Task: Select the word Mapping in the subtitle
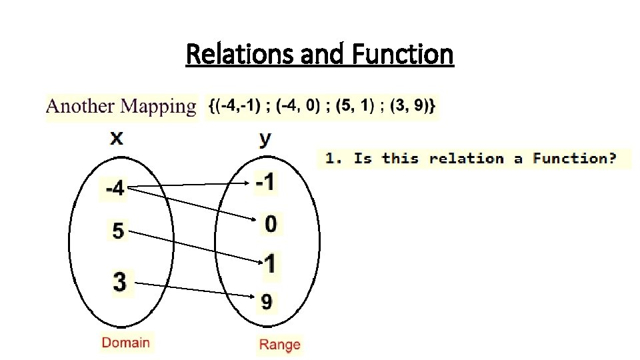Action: pos(157,107)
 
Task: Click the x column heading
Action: pos(117,138)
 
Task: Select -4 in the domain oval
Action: pos(115,189)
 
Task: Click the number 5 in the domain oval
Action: pos(118,231)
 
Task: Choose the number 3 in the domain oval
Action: pos(119,281)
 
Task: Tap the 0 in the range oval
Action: pos(270,224)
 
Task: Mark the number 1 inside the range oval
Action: pos(269,264)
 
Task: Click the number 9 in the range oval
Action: pos(266,302)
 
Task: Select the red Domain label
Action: pos(126,343)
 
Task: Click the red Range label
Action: pos(279,345)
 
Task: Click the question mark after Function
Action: pos(611,159)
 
